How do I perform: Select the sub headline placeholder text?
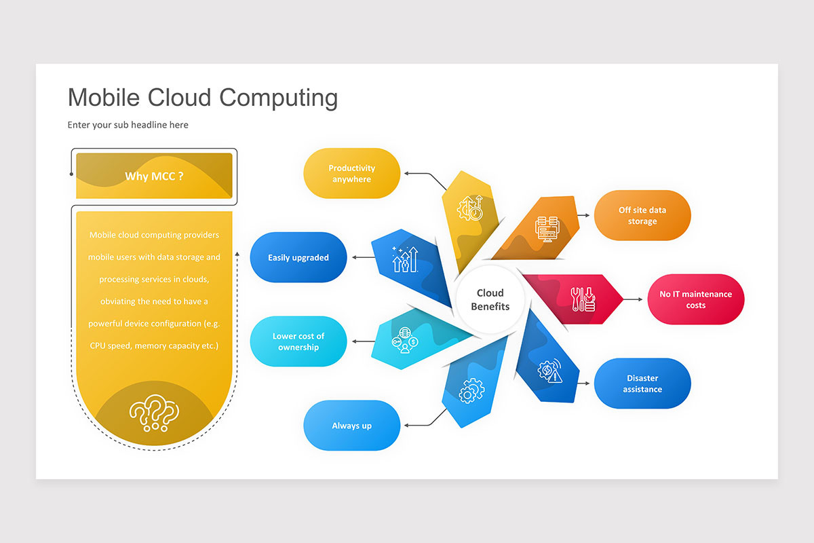coord(128,125)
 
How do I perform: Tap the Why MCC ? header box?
coord(154,176)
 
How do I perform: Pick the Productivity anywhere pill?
coord(351,174)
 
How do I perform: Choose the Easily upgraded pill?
coord(298,257)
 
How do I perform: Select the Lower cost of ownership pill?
coord(298,341)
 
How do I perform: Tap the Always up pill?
coord(351,426)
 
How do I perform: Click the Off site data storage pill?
coord(642,216)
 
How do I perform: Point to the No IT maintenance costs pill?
coord(695,299)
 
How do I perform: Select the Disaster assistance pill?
coord(642,383)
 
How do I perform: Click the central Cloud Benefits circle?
coord(490,299)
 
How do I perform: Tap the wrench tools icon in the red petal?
coord(582,299)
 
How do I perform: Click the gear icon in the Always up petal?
coord(471,392)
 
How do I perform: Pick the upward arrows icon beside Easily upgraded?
coord(404,259)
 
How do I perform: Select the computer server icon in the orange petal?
coord(546,226)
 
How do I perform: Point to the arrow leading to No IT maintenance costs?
coord(632,299)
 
